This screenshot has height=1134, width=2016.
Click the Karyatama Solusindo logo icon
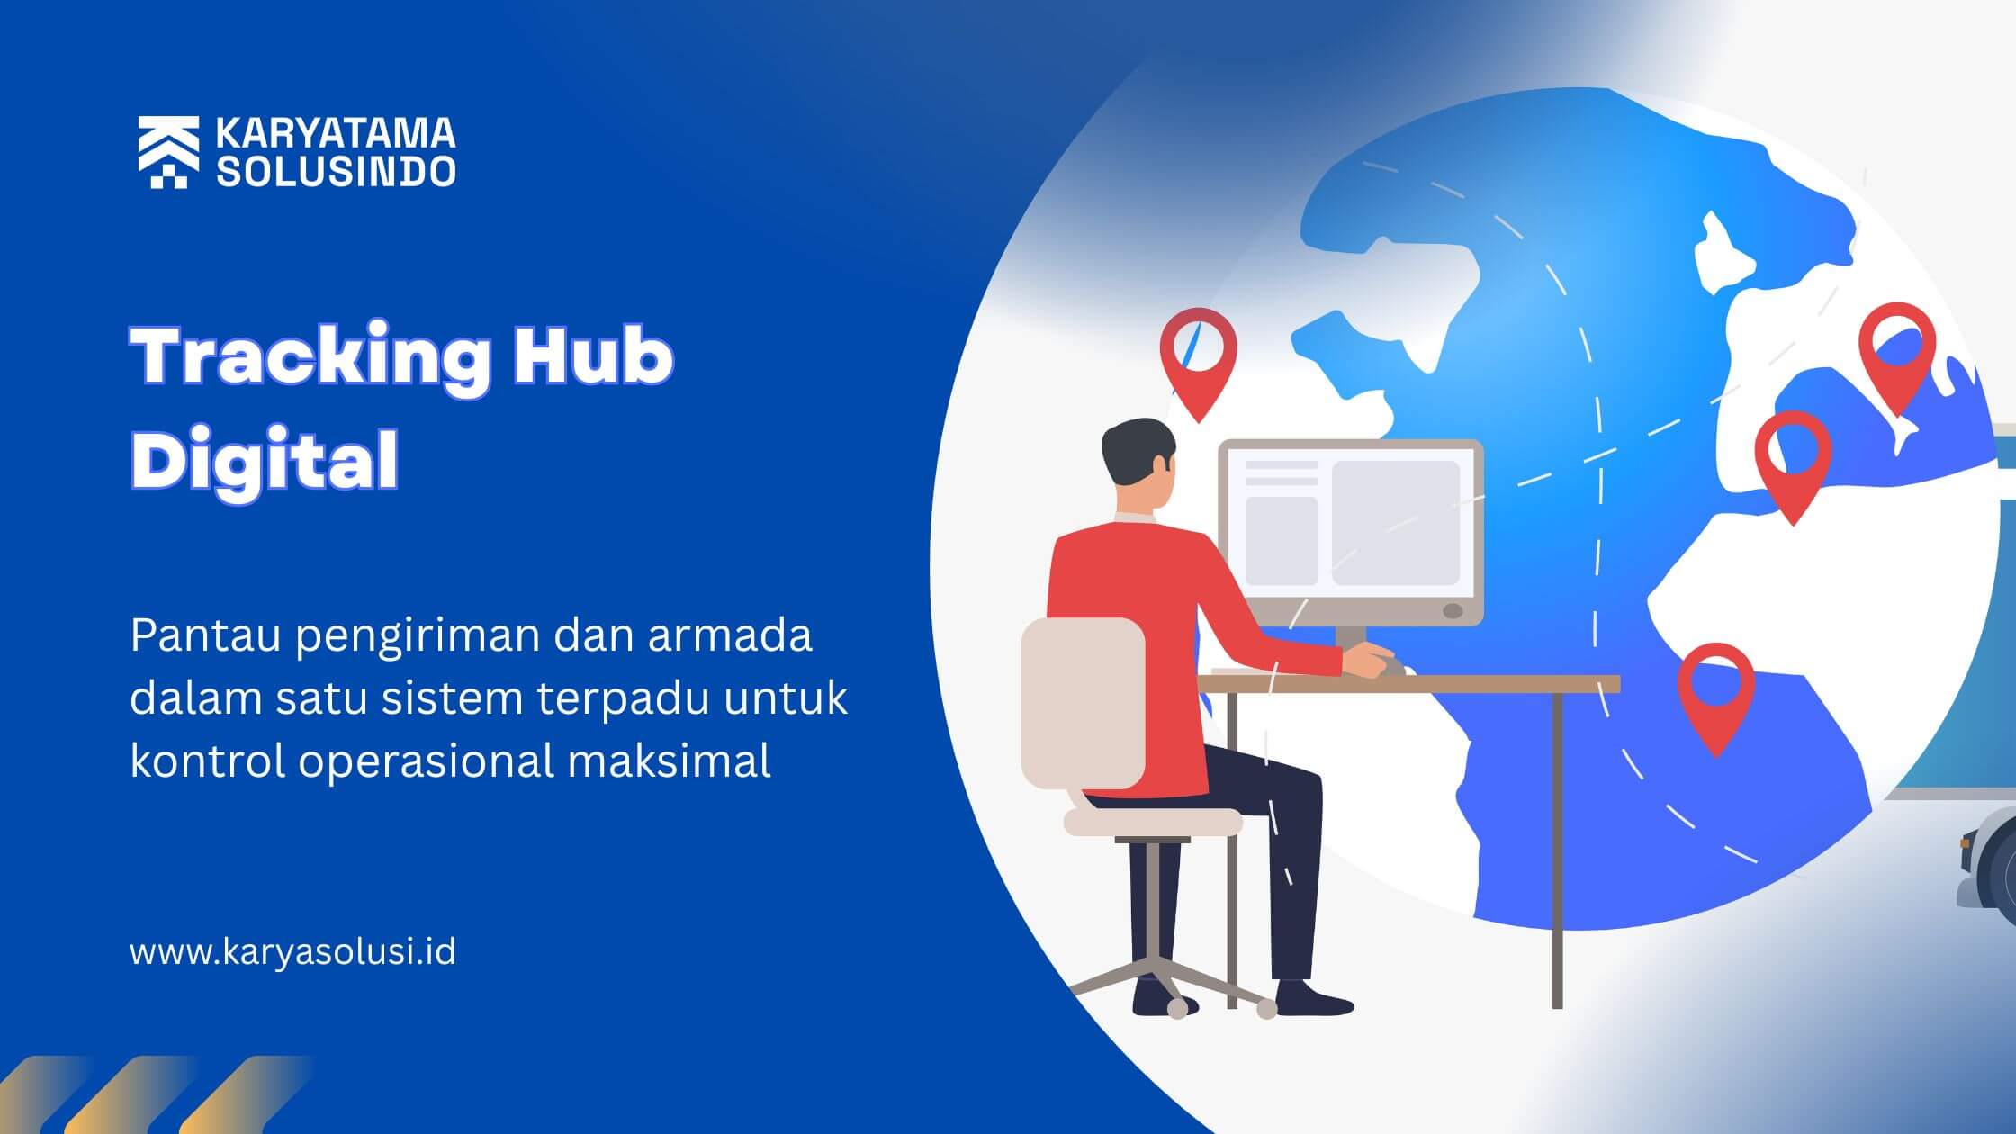[x=168, y=152]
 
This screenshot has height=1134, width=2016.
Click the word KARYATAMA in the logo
[x=336, y=134]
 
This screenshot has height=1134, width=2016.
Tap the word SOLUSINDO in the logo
[x=336, y=171]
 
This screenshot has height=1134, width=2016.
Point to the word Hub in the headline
[x=593, y=356]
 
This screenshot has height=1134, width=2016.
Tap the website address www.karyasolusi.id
[x=292, y=951]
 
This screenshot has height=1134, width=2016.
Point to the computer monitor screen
[x=1351, y=522]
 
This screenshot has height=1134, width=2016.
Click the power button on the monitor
[x=1453, y=611]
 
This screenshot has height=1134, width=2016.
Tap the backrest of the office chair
[x=1084, y=703]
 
